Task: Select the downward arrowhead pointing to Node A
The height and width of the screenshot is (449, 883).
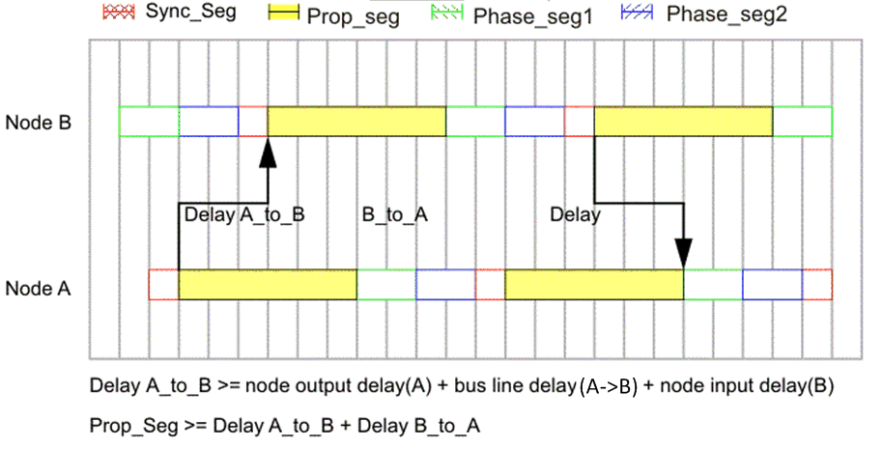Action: tap(683, 252)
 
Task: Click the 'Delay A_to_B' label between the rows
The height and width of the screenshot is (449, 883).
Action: tap(244, 214)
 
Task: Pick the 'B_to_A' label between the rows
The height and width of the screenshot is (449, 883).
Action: tap(394, 214)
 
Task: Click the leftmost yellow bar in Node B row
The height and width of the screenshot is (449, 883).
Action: tap(356, 122)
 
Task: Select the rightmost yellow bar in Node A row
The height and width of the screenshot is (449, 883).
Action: tap(593, 285)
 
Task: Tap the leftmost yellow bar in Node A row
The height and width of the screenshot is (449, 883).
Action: tap(268, 285)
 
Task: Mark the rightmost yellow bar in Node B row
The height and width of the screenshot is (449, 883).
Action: tap(683, 122)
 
